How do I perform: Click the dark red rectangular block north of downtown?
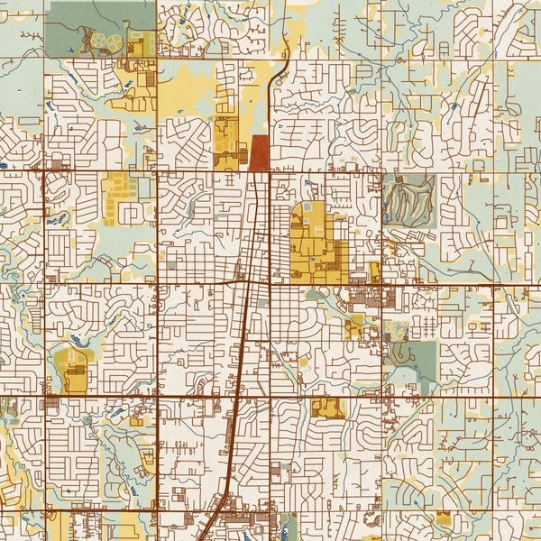259,153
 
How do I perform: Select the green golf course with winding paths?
409,200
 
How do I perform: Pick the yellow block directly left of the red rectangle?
228,144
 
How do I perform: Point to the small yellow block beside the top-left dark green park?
141,44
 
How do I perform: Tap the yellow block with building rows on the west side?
120,197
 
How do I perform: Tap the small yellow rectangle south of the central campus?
327,408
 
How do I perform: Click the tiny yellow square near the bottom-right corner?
443,518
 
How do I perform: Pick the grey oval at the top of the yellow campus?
307,208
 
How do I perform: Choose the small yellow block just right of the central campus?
373,270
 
